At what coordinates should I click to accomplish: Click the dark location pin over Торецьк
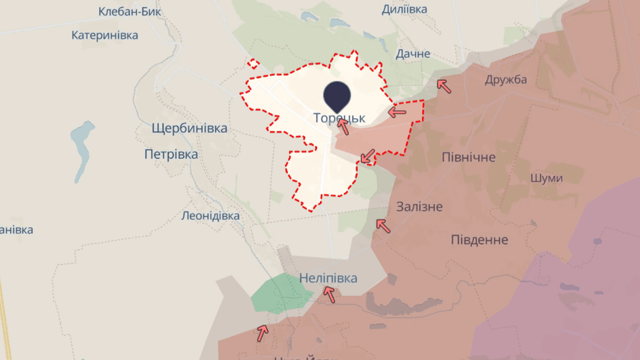click(x=337, y=96)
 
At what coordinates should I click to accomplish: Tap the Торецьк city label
click(x=339, y=118)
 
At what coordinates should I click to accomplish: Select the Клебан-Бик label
click(x=130, y=12)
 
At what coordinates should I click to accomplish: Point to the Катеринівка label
click(x=104, y=35)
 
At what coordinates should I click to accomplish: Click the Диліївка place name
click(x=404, y=10)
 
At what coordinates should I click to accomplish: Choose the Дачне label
click(x=413, y=54)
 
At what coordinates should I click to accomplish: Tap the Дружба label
click(x=506, y=79)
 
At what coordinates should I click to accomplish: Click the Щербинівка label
click(x=189, y=128)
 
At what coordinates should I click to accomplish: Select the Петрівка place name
click(x=171, y=155)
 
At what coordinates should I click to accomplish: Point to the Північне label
click(x=469, y=158)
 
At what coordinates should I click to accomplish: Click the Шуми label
click(x=546, y=179)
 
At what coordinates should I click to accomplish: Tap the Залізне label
click(x=420, y=207)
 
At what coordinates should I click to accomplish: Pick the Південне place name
click(x=479, y=240)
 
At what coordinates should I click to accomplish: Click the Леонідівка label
click(x=211, y=216)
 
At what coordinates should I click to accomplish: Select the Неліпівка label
click(x=328, y=278)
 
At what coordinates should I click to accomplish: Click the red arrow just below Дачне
click(x=444, y=86)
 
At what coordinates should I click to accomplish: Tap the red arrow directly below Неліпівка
click(x=329, y=294)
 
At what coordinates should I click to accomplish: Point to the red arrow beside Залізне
click(x=383, y=225)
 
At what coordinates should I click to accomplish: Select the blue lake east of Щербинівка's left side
click(x=82, y=149)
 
